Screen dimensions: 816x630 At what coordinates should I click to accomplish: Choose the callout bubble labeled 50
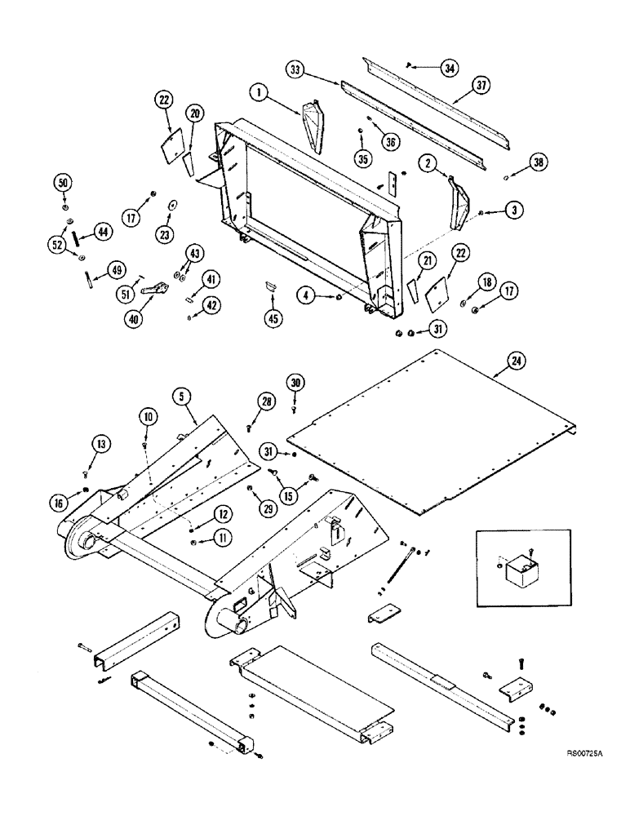click(64, 181)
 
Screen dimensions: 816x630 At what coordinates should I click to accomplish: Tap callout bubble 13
click(100, 444)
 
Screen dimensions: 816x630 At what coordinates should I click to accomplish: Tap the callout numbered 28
click(265, 400)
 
